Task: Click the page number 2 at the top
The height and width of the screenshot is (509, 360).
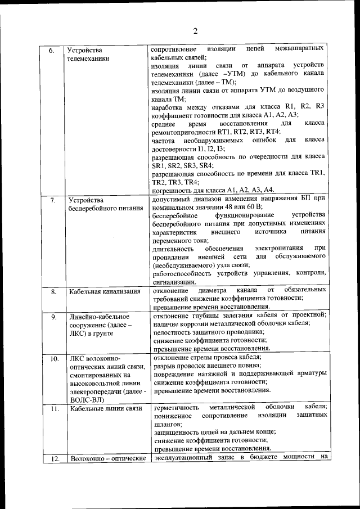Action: [x=195, y=30]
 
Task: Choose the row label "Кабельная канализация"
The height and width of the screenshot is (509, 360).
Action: [x=105, y=291]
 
